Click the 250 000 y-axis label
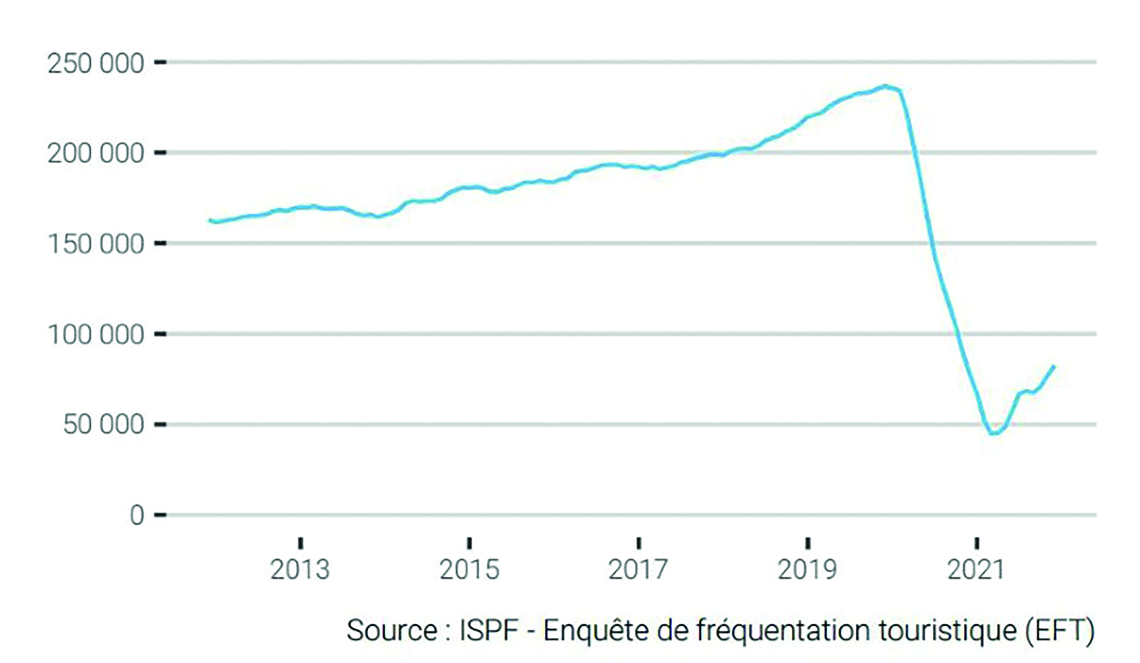point(96,64)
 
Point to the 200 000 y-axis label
point(96,154)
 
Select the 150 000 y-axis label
point(96,244)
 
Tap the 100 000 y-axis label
point(96,335)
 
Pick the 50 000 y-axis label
point(103,425)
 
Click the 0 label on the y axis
point(137,516)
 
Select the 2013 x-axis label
point(300,570)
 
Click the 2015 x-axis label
point(469,570)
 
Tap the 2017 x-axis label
point(638,570)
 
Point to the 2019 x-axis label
point(807,570)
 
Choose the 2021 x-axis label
point(976,570)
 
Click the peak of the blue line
point(885,87)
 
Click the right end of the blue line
point(1054,367)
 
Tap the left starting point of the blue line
point(210,220)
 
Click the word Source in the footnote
point(392,631)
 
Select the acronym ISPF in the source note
point(489,631)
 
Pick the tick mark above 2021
point(976,543)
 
